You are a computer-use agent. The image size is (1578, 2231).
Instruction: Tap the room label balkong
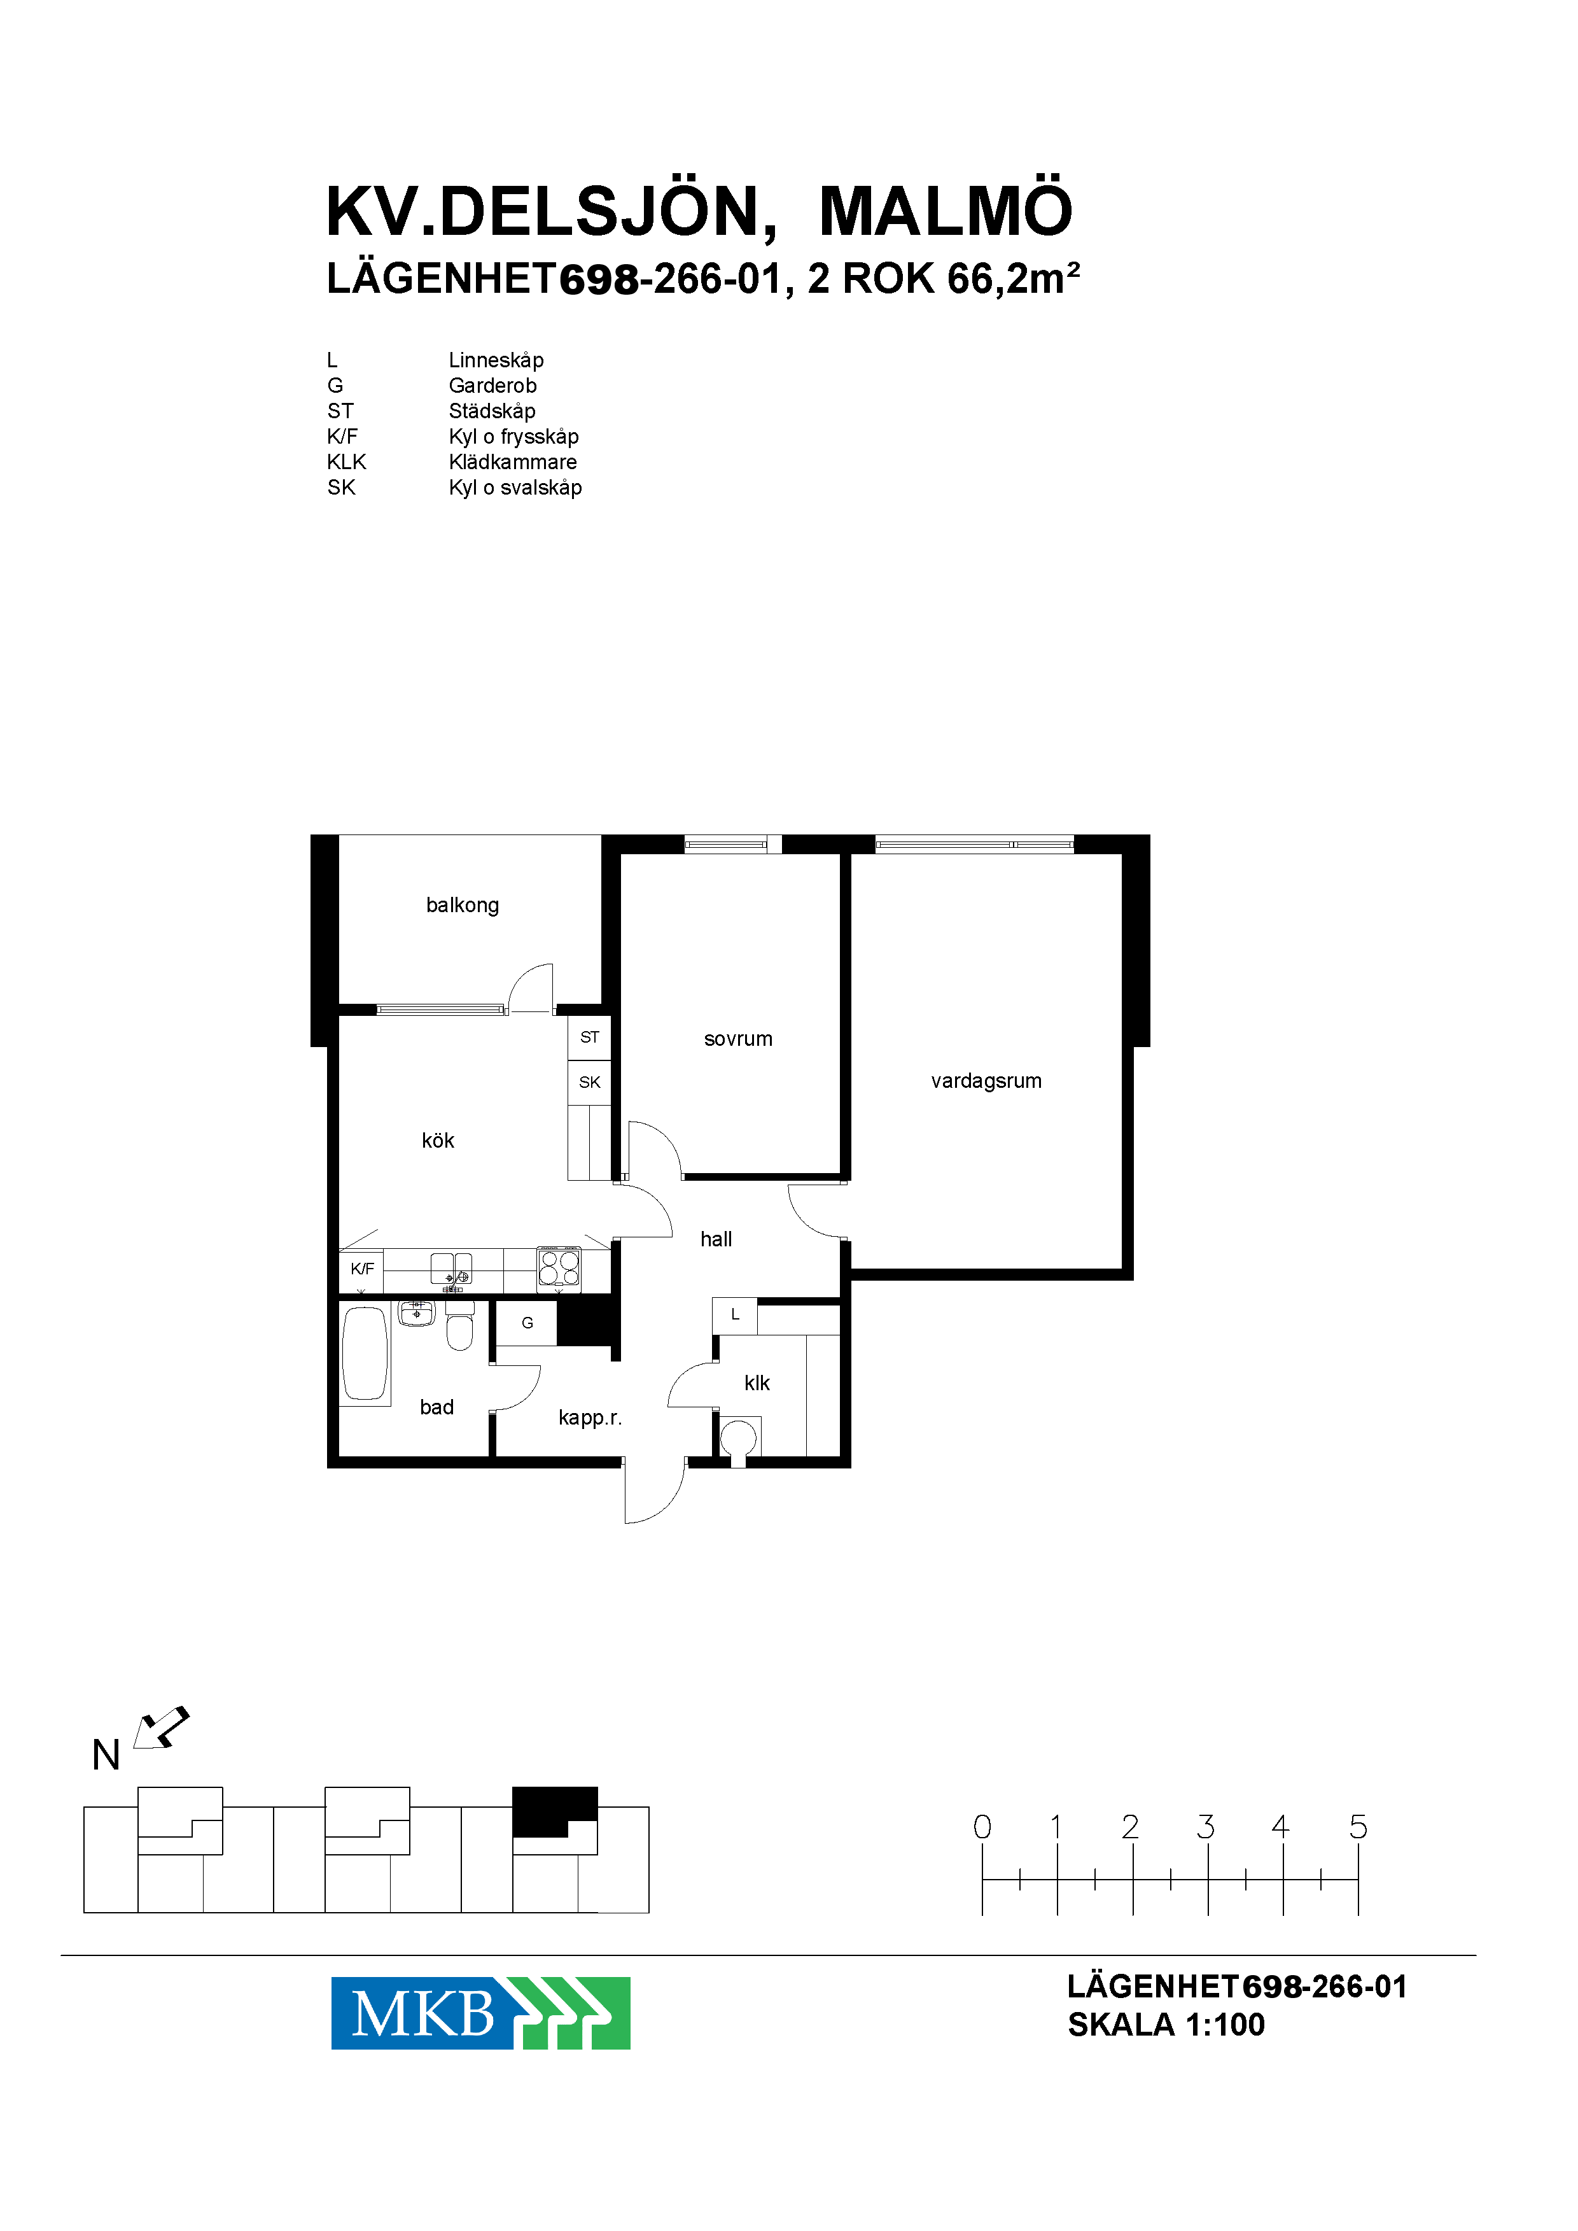click(463, 905)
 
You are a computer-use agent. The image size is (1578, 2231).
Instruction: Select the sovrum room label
click(739, 1039)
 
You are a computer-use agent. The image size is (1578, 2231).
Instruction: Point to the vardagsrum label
click(986, 1081)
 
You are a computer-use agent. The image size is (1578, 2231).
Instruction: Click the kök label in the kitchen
click(438, 1140)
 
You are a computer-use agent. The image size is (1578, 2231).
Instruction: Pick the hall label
click(716, 1239)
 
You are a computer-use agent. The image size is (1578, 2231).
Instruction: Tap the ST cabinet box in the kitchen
click(590, 1038)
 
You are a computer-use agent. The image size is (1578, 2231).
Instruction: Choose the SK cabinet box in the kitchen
click(590, 1082)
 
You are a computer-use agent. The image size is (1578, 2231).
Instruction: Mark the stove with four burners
click(560, 1268)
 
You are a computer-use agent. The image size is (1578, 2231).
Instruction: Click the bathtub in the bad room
click(365, 1354)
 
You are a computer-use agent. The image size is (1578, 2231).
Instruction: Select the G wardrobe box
click(527, 1323)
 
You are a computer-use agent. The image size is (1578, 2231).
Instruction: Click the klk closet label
click(757, 1383)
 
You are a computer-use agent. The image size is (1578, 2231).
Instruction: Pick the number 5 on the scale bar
click(1358, 1827)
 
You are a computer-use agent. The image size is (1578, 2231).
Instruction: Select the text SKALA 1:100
click(1166, 2024)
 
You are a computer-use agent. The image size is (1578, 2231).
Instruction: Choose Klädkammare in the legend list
click(512, 461)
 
